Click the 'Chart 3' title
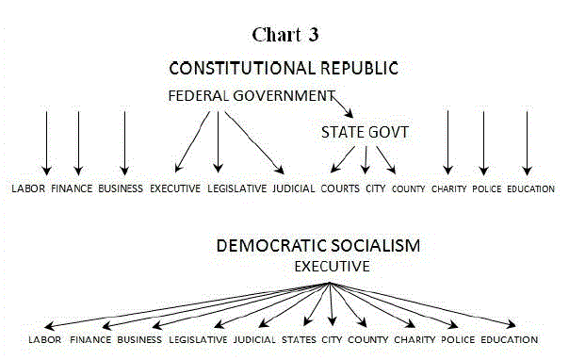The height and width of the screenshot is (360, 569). tap(284, 35)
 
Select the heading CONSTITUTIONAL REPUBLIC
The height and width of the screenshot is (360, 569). tap(284, 69)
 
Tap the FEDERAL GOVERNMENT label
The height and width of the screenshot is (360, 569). tap(251, 95)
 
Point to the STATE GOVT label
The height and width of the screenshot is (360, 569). tap(365, 133)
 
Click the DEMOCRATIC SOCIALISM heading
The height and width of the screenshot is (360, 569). tap(317, 246)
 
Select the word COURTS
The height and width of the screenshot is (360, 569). tap(340, 188)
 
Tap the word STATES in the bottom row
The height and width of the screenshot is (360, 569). tap(299, 339)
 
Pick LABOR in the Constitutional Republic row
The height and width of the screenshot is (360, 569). tap(29, 188)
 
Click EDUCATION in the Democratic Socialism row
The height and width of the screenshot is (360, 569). tap(510, 339)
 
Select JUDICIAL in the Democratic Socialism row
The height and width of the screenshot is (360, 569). tap(252, 339)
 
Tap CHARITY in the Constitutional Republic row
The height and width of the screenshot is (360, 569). tap(448, 188)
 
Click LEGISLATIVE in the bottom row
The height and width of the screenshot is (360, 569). tap(196, 339)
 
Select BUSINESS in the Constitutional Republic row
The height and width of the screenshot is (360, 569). tap(121, 188)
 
